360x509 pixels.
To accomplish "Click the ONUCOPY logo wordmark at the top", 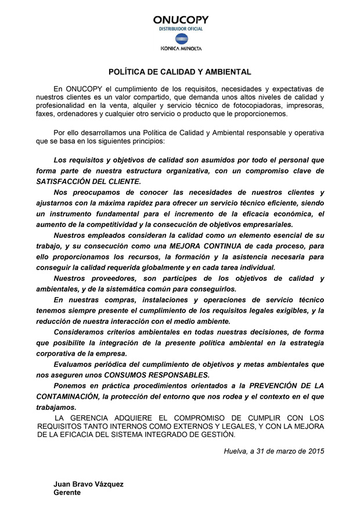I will click(x=181, y=20).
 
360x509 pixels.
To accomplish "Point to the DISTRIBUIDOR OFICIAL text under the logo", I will click(x=181, y=28).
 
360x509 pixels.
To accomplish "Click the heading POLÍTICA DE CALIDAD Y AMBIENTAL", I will click(x=180, y=72).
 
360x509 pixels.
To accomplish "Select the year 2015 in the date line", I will click(x=315, y=450).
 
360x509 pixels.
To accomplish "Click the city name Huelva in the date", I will click(x=235, y=450).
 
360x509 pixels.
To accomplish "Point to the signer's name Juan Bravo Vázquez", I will click(x=88, y=483).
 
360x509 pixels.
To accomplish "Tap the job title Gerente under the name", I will click(x=67, y=492).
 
